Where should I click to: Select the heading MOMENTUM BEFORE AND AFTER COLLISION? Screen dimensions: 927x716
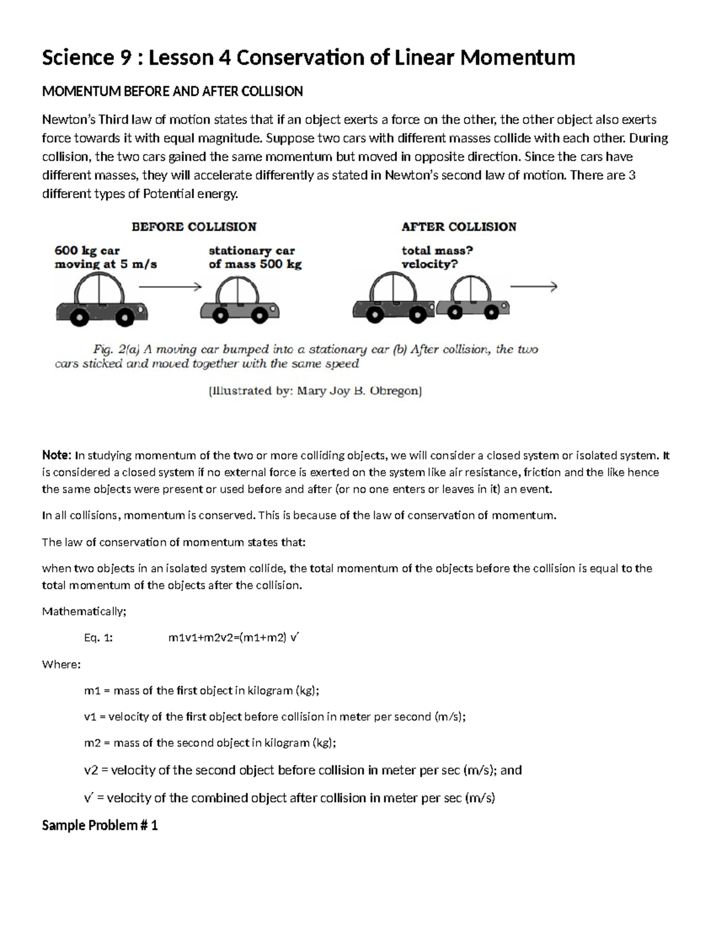172,91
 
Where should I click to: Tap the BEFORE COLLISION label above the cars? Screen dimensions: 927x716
194,227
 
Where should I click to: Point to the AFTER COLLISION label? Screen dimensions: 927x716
459,227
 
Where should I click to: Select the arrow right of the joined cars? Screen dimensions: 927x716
533,287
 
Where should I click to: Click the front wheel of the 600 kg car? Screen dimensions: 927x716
124,318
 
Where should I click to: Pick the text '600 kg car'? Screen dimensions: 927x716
87,251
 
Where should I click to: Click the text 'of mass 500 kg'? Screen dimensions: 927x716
255,264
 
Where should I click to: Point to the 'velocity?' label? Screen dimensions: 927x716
429,264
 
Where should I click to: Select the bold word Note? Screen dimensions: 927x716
57,455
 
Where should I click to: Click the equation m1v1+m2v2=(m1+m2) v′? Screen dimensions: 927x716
233,637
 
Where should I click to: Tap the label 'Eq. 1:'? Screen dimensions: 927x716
98,637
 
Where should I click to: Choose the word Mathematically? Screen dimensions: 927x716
84,611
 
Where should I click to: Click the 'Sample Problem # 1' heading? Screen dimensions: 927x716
100,826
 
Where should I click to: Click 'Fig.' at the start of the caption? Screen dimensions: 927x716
104,350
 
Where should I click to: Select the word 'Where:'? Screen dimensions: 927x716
61,664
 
